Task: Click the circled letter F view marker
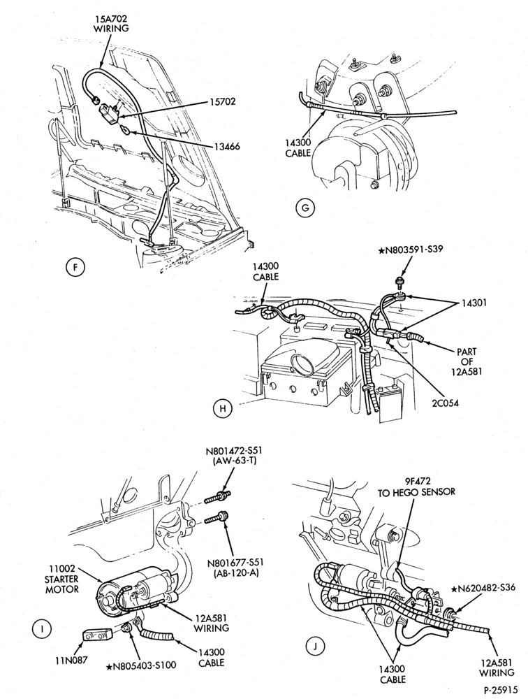(x=75, y=267)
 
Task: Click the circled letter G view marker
(x=305, y=208)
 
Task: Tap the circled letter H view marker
(x=223, y=408)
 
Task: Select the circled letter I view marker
(x=41, y=628)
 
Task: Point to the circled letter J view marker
(x=316, y=646)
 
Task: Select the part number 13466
(x=225, y=145)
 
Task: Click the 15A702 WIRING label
(x=111, y=23)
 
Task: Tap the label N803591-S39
(x=411, y=250)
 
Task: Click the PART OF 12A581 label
(x=467, y=361)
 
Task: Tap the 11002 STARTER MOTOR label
(x=62, y=579)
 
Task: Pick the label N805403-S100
(x=141, y=665)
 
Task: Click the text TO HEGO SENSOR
(x=416, y=492)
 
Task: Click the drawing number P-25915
(x=501, y=689)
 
